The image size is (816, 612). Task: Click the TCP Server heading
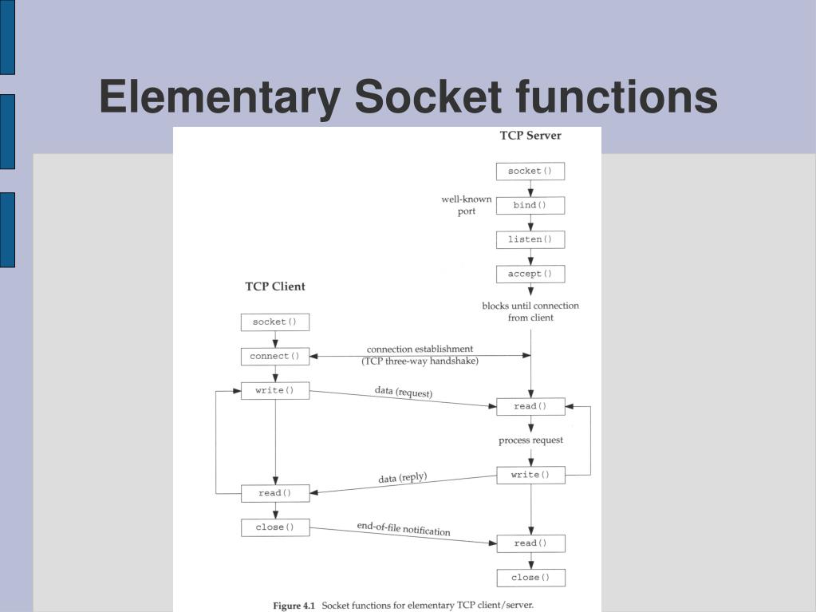click(530, 136)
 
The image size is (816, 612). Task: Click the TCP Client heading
click(274, 286)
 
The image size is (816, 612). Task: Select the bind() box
click(530, 206)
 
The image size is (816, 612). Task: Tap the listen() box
click(530, 240)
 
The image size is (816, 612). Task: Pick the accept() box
click(530, 274)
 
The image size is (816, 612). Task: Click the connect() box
click(274, 357)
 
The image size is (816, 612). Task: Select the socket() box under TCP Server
click(530, 172)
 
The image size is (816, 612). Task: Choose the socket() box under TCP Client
click(274, 322)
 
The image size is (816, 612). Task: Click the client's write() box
click(274, 391)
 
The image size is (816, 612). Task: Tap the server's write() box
click(530, 476)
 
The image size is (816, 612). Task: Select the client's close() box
click(274, 527)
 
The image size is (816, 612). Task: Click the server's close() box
click(530, 578)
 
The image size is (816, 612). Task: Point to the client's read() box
click(274, 494)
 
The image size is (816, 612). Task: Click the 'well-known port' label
click(467, 205)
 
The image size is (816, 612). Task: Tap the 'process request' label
click(530, 440)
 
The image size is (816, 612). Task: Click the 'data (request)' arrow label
click(404, 393)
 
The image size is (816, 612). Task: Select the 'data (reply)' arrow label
click(403, 478)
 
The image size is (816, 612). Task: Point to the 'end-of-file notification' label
click(404, 530)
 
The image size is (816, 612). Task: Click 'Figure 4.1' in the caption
click(294, 606)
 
